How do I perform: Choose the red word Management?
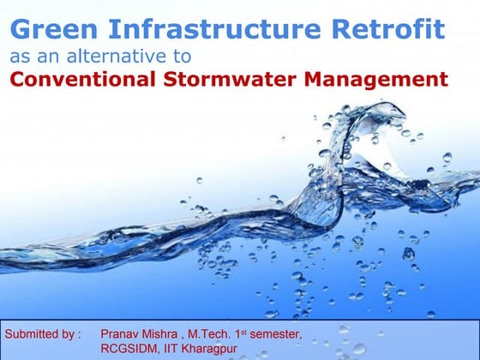tap(378, 81)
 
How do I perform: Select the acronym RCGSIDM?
tap(132, 349)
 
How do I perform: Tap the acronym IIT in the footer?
tap(171, 349)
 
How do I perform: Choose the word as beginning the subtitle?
tap(19, 57)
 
